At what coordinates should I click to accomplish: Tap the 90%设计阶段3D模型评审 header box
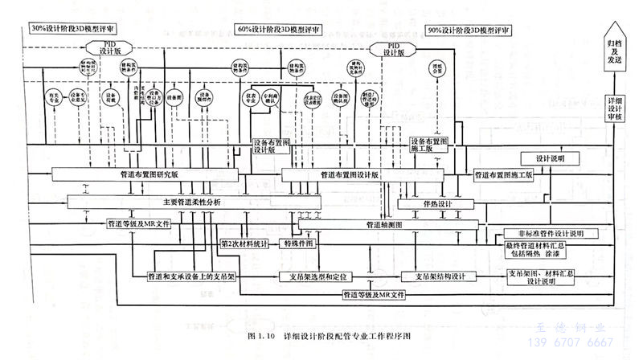468,29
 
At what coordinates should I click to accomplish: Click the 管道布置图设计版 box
350,174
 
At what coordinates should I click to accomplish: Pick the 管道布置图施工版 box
504,174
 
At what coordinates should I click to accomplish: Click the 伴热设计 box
438,204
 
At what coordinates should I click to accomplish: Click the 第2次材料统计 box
247,242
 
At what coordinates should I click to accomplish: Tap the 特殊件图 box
299,242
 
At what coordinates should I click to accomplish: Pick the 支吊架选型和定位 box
317,276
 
